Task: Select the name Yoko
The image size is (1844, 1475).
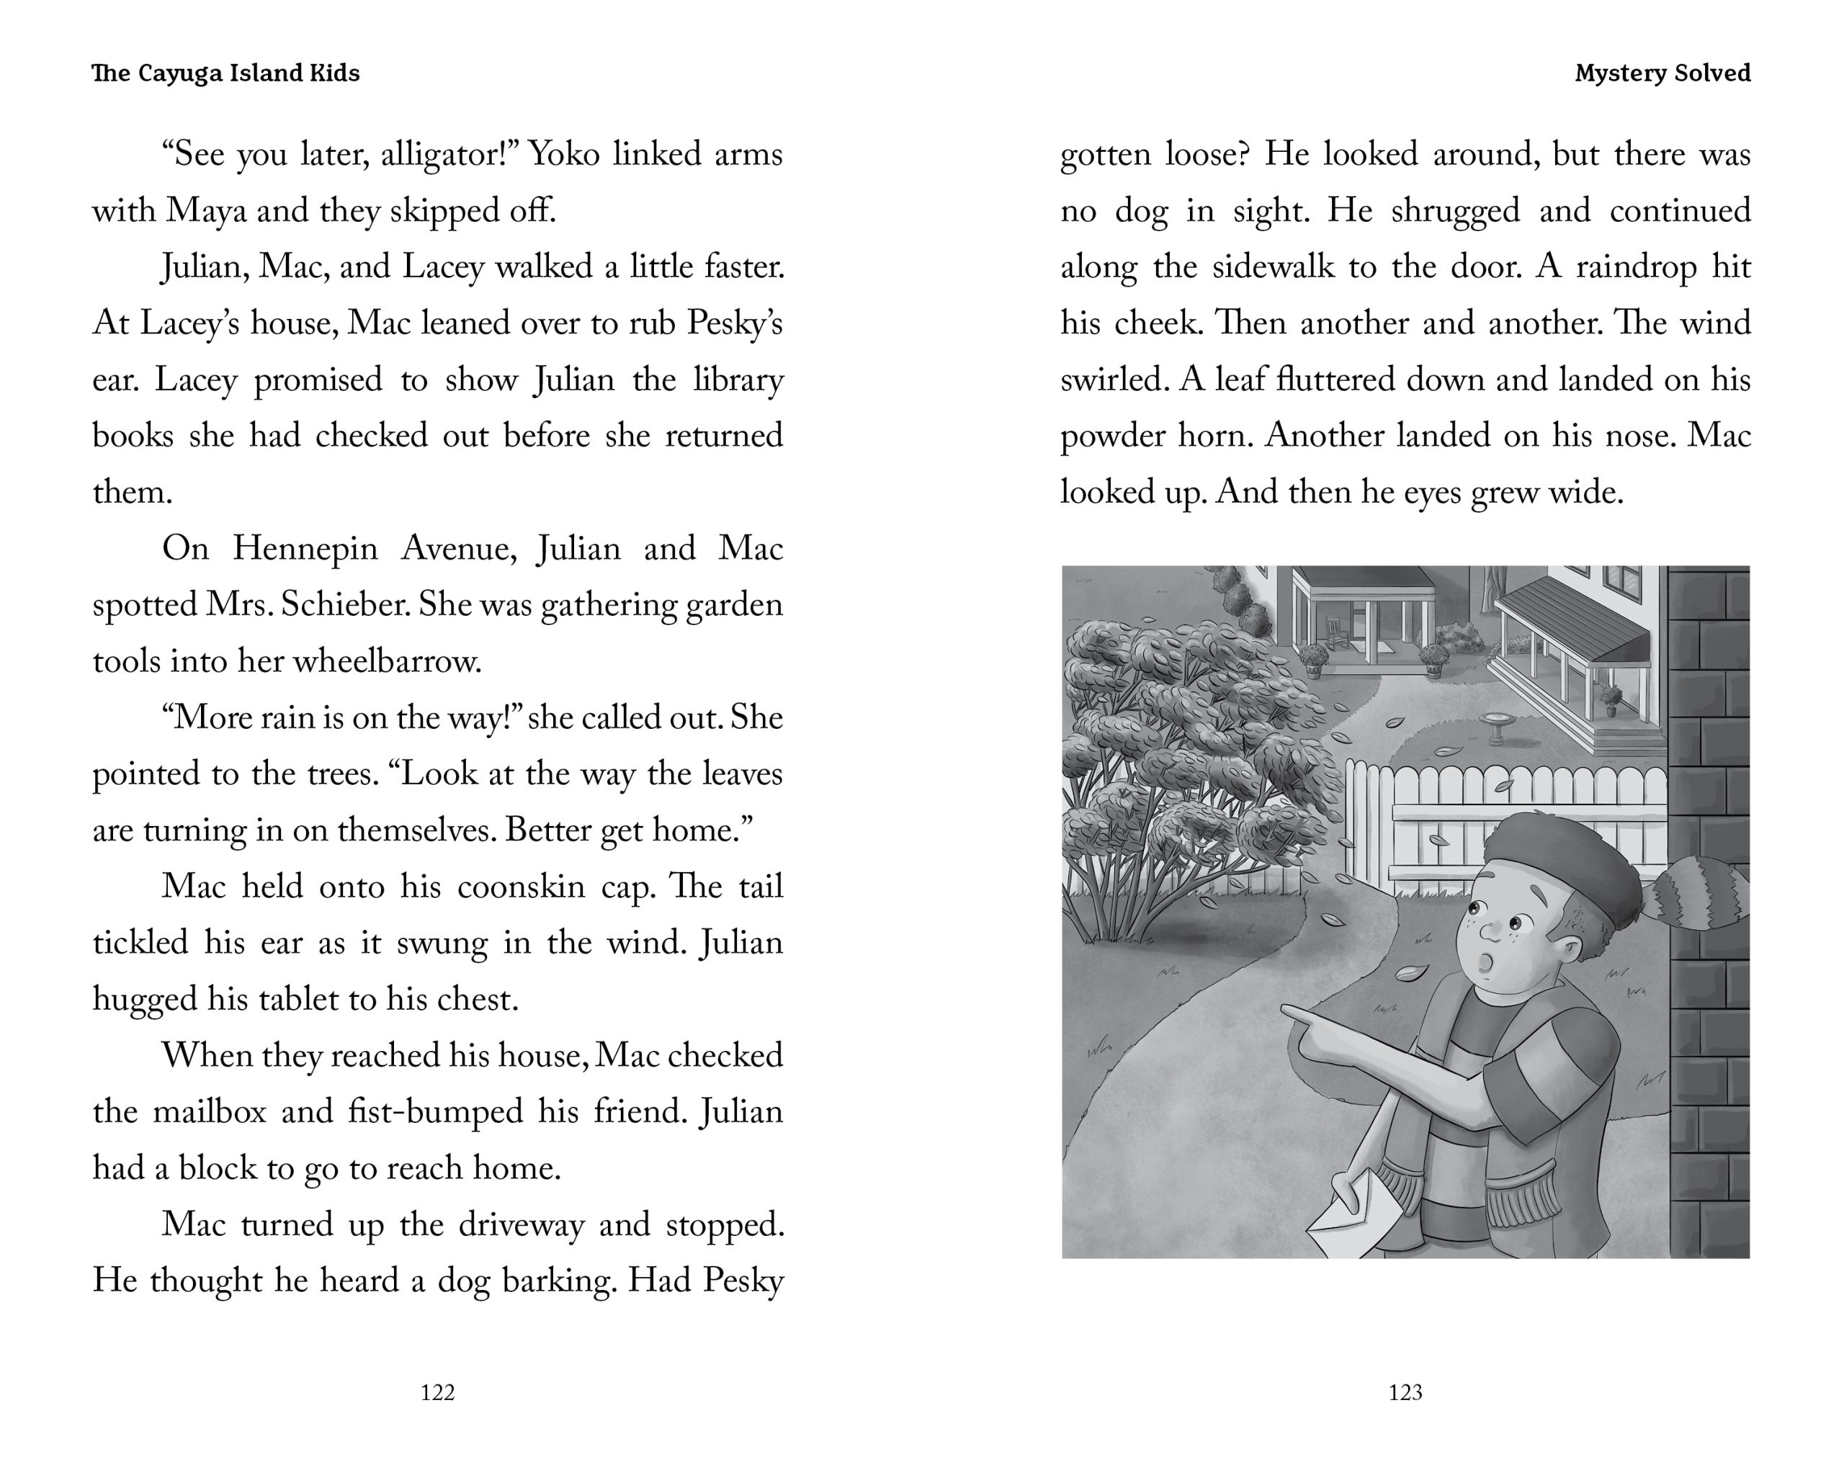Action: [x=563, y=155]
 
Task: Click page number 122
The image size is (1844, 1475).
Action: [x=437, y=1393]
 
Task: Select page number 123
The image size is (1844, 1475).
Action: [x=1405, y=1393]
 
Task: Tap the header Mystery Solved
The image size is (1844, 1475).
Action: [x=1662, y=73]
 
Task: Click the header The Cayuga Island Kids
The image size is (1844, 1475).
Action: [x=225, y=73]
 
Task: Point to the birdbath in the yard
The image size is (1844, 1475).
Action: [x=1497, y=727]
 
